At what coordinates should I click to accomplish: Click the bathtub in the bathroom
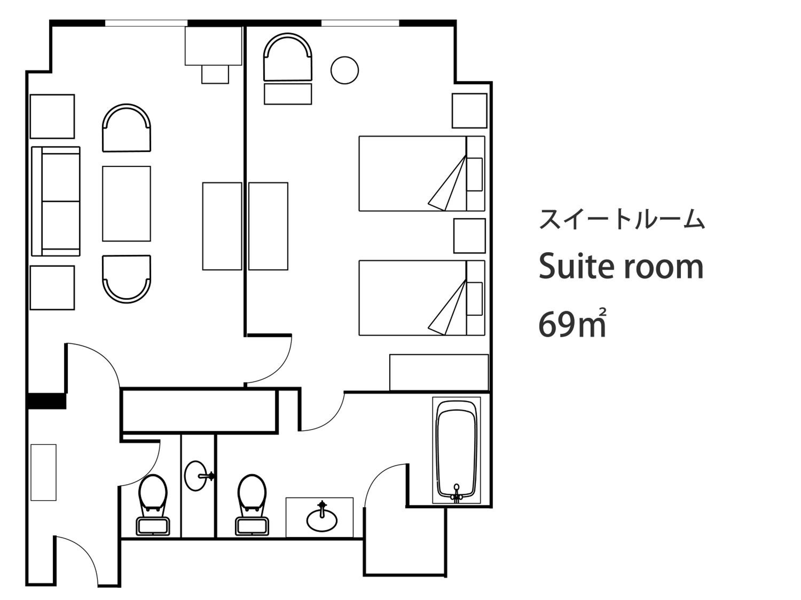[456, 451]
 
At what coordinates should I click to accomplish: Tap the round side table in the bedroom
[344, 70]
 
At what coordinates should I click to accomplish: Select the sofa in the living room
[56, 201]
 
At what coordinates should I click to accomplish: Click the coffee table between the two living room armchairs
[126, 204]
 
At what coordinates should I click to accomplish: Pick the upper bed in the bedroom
[422, 173]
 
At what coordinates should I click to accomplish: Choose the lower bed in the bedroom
[422, 298]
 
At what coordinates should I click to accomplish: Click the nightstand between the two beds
[469, 236]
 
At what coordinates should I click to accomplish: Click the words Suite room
[621, 267]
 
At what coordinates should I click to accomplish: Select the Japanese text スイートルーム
[622, 219]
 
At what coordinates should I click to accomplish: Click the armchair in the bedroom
[288, 57]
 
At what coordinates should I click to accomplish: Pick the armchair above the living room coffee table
[126, 128]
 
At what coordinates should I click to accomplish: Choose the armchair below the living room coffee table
[126, 279]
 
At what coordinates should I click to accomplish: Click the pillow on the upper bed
[474, 174]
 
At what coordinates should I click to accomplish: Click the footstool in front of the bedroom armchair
[288, 94]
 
